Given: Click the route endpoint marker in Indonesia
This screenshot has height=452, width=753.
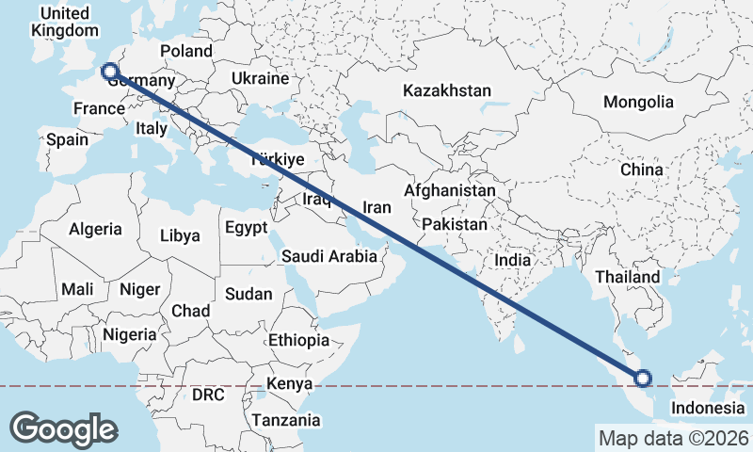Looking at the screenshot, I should coord(643,379).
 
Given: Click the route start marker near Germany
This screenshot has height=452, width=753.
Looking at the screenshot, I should coord(109,71).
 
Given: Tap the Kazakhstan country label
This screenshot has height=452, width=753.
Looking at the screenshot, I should coord(447,91).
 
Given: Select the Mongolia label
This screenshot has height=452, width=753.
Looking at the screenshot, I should coord(639,102).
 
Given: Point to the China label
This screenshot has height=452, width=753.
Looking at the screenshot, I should coord(642,170).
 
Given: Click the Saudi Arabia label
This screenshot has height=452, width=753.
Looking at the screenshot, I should coord(329,257).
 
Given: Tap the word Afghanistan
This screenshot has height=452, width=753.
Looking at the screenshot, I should coord(450,190).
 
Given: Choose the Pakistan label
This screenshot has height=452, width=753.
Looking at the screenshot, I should coord(455,225).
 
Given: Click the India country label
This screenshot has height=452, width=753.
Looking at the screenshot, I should coord(514,260).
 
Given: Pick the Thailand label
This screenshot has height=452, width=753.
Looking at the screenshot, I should coord(627,278).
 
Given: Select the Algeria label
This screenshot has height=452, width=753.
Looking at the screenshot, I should coord(95,229).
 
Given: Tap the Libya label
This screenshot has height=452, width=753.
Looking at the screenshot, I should coord(180,235).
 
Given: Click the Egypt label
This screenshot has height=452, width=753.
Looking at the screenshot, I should coord(247,228).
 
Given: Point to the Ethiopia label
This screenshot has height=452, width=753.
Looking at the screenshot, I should coord(298,340).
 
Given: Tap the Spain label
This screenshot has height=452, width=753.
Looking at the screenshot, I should coord(67,140).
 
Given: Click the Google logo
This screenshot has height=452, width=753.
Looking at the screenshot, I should coord(63,429).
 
